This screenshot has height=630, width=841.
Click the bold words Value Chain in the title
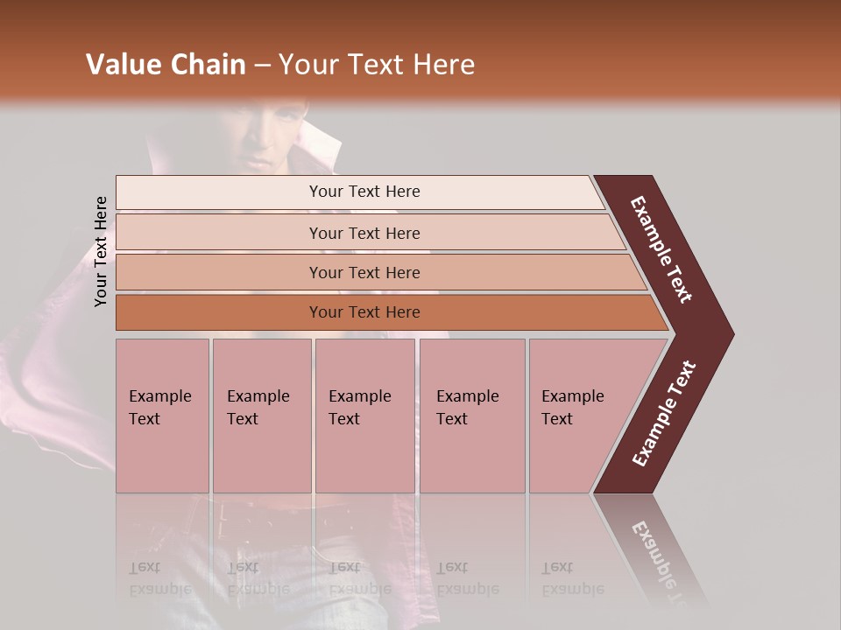166,65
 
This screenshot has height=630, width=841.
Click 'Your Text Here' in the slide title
377,65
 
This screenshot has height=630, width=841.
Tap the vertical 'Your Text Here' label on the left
101,251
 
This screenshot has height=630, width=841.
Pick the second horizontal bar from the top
364,233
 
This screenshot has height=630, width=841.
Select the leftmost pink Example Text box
162,415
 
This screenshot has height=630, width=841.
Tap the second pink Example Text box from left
261,415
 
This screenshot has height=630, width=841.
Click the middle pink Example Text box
364,415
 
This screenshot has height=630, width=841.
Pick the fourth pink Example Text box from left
471,415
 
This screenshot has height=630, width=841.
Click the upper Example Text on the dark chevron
661,249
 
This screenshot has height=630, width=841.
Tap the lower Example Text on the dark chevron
664,413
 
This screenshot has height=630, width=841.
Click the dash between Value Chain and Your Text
262,66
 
